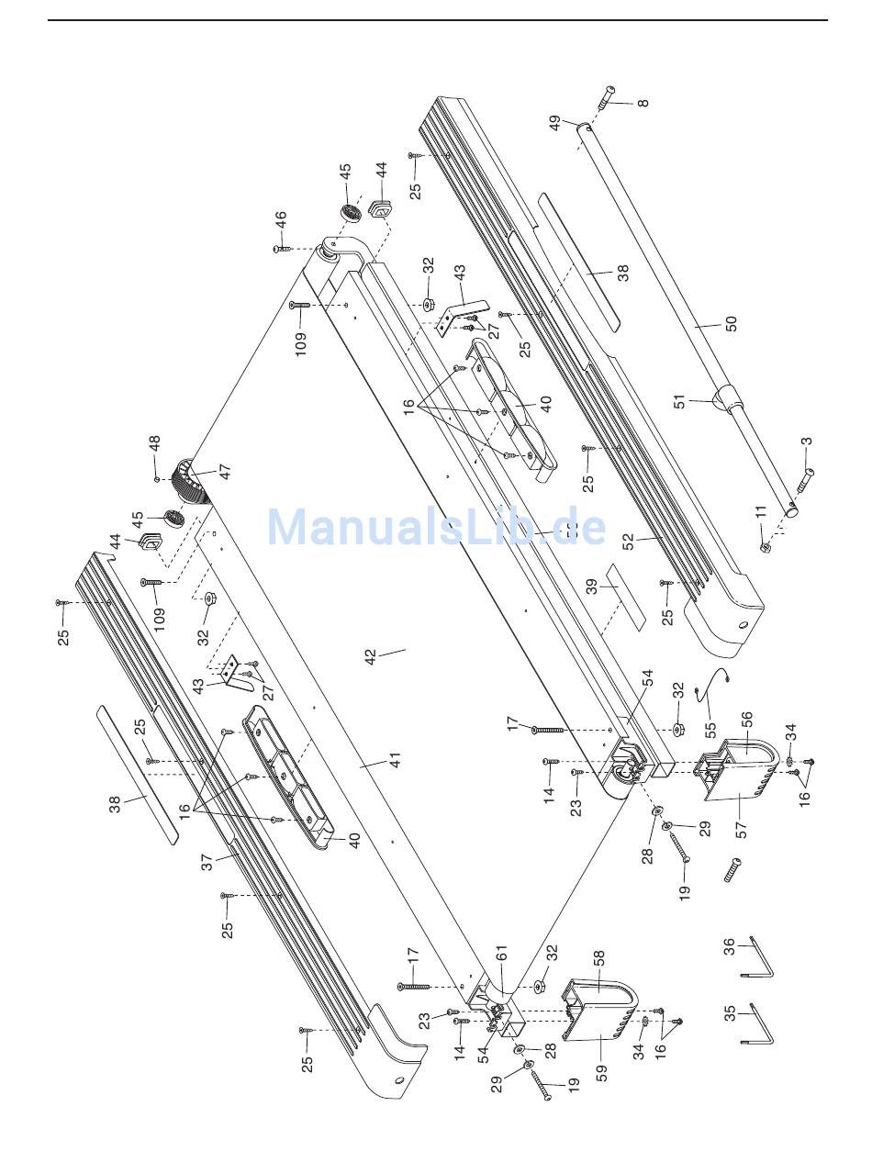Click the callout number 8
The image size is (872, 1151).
pos(643,103)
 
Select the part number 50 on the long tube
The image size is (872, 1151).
pos(732,324)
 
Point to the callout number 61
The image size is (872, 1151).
pos(501,959)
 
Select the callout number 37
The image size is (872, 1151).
pos(207,862)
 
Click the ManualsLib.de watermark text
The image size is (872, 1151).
pos(436,528)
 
